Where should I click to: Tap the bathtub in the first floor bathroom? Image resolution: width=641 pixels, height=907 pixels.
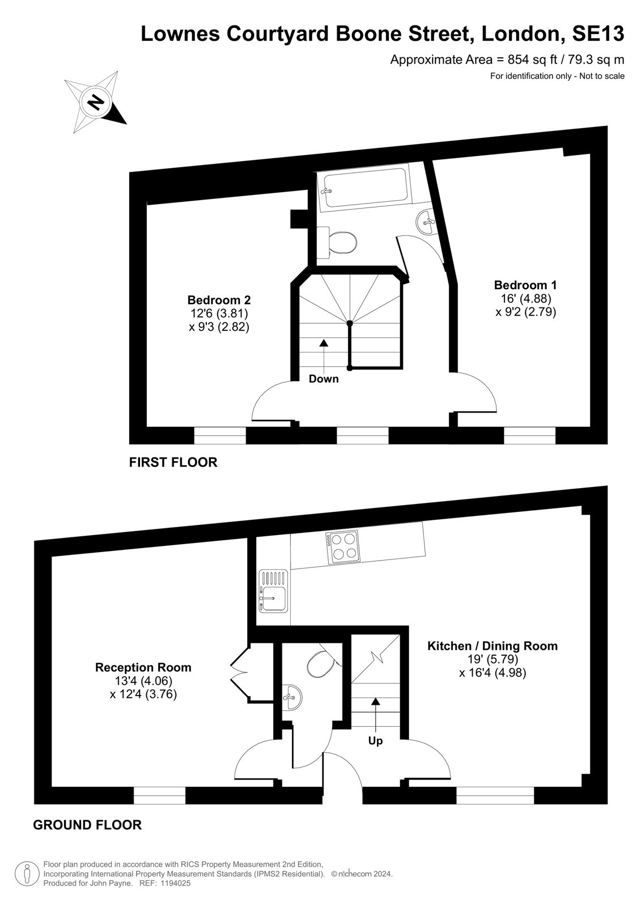[x=363, y=189]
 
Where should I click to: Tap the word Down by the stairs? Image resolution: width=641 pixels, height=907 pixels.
[x=324, y=379]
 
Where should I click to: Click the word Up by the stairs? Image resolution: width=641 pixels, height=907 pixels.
[x=375, y=741]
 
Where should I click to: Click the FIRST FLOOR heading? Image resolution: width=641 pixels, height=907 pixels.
[x=173, y=462]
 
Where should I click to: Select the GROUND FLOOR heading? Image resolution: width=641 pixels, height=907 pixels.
[x=87, y=813]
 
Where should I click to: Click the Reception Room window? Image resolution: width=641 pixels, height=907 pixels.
[x=159, y=795]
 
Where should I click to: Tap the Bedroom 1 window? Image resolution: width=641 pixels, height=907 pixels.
[x=530, y=436]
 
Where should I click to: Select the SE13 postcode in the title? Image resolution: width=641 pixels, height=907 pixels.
[x=597, y=34]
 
